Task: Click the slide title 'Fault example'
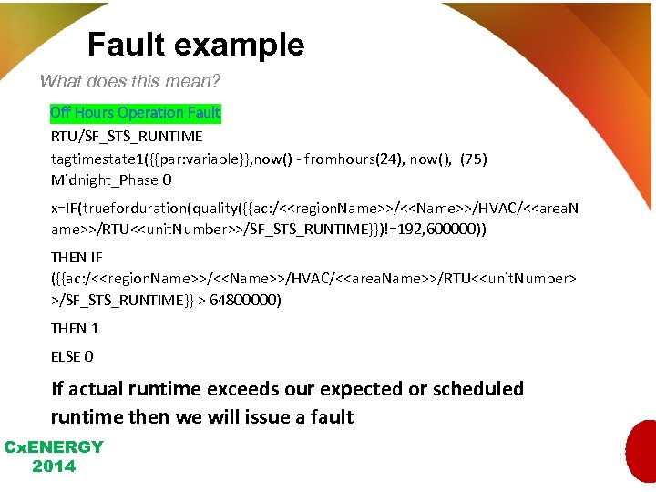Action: tap(196, 45)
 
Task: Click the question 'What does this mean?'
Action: tap(130, 81)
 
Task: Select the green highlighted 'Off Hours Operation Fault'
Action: tap(136, 113)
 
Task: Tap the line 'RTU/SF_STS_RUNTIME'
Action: tap(127, 137)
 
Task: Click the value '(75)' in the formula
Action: tap(473, 159)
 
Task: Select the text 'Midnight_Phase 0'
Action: tap(111, 180)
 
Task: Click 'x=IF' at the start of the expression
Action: tap(66, 208)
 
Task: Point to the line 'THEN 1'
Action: tap(75, 328)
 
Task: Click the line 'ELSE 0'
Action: tap(72, 356)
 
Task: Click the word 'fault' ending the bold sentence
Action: tap(331, 417)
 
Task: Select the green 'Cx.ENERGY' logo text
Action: tap(54, 447)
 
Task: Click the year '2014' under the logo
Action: tap(54, 466)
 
